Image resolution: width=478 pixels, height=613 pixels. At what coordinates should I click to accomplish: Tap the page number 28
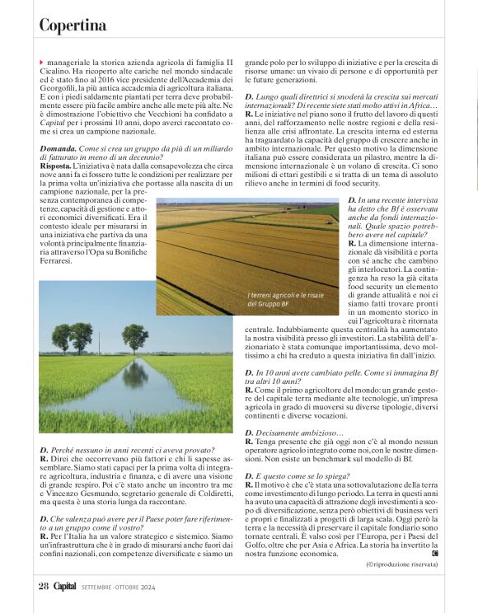(x=44, y=585)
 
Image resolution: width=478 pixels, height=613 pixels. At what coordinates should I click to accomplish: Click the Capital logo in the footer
(x=67, y=585)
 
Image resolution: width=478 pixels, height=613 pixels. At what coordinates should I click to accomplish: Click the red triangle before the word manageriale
(x=41, y=63)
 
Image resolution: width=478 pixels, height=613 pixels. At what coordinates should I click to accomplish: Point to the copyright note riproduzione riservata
(x=402, y=564)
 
